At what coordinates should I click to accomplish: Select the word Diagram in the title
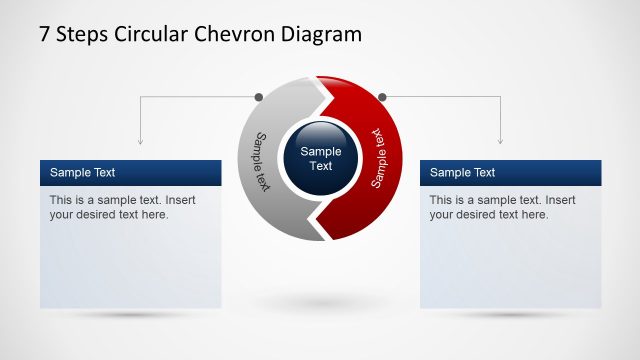pos(319,35)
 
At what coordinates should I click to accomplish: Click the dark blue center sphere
pos(320,158)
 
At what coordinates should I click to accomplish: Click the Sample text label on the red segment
pos(379,157)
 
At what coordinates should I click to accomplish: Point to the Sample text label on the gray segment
pos(262,161)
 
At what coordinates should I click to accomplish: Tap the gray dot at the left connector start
pos(259,97)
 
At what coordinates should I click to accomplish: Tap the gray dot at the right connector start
pos(381,97)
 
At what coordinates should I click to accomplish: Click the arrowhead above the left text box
pos(140,140)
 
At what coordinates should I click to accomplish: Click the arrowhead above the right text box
pos(500,140)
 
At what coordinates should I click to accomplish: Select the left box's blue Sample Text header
pos(130,172)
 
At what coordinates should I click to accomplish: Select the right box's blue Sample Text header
pos(510,172)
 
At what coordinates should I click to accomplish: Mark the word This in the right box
pos(441,200)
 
